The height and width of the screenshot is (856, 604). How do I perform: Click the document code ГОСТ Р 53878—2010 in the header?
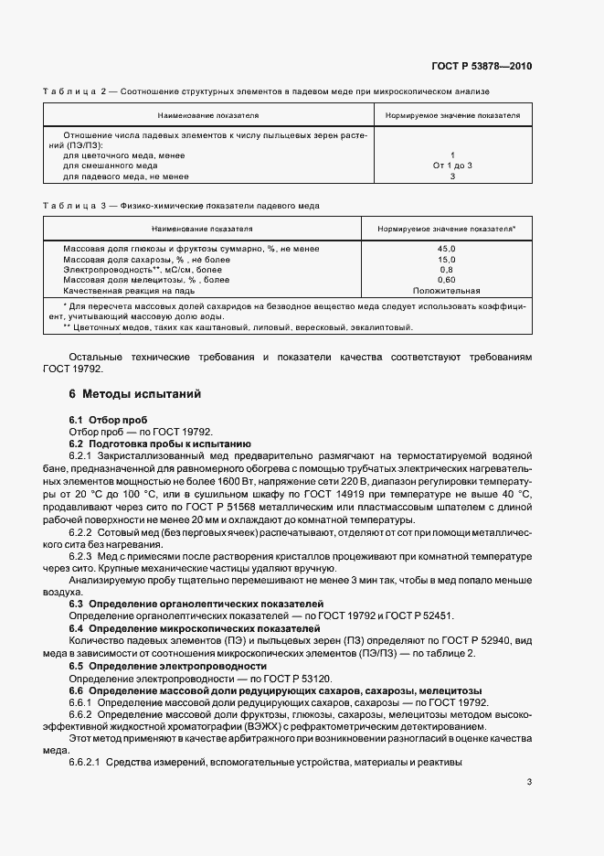tap(482, 67)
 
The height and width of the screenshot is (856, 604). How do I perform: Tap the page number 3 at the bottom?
tap(528, 781)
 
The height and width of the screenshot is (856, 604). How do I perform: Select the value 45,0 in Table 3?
tap(446, 249)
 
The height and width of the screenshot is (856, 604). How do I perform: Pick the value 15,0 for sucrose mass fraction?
tap(446, 260)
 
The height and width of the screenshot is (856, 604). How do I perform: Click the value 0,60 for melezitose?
tap(446, 280)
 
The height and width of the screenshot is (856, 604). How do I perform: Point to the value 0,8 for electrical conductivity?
tap(446, 270)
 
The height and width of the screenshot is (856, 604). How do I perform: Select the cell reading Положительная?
tap(446, 291)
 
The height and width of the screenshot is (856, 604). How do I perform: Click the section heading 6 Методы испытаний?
tap(134, 394)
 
